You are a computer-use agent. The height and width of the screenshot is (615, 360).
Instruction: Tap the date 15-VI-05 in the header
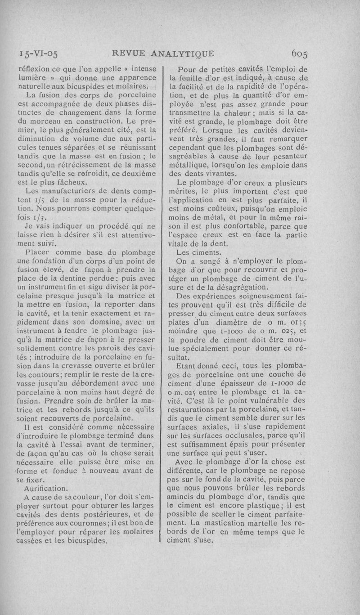[x=37, y=54]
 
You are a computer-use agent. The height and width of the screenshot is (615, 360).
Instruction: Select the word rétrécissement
[x=89, y=165]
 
